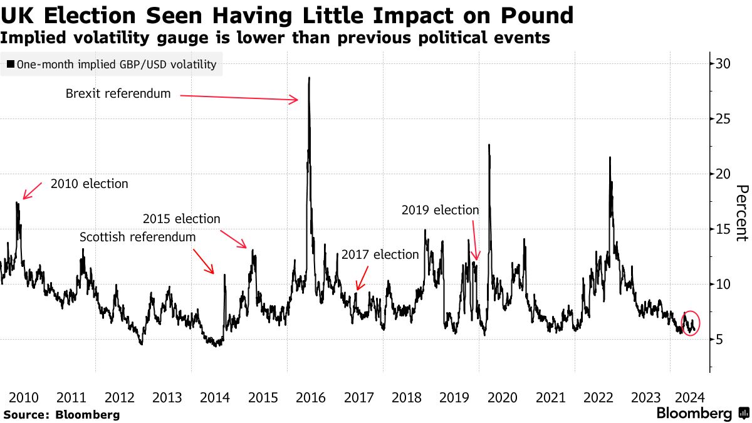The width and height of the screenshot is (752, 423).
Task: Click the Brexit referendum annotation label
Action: pos(118,94)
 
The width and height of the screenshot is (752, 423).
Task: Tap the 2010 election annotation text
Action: pos(89,184)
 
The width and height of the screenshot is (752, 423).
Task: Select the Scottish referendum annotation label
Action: pos(137,238)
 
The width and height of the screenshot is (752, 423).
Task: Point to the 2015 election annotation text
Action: pos(182,219)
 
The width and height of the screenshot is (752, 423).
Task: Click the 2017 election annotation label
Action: pos(380,254)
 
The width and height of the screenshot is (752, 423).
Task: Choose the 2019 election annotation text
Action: pos(440,211)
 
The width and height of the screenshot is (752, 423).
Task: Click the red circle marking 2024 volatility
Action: pos(690,323)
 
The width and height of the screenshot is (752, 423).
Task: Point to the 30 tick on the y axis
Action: pos(723,63)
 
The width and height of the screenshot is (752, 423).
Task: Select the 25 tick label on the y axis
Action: pos(723,118)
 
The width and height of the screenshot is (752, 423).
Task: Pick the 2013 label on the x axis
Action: pos(167,397)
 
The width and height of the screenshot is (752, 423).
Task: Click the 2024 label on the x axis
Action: pos(692,397)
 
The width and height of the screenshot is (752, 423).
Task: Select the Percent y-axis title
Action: pos(741,213)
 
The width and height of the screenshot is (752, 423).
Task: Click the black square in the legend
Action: pos(10,65)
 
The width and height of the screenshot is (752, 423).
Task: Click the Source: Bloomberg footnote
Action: pos(61,415)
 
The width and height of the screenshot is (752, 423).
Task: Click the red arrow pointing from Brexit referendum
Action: pos(238,97)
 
